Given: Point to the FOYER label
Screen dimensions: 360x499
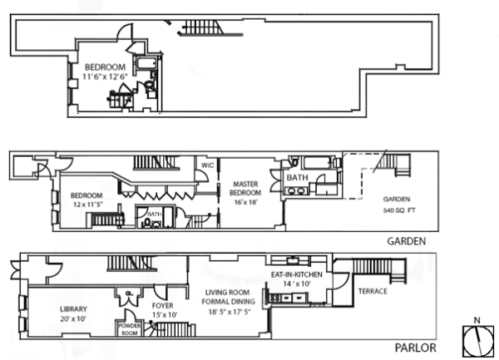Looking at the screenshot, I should (x=163, y=305).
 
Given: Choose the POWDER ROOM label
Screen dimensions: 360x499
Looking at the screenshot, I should (x=131, y=328).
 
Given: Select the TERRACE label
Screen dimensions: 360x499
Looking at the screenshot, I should (x=373, y=293).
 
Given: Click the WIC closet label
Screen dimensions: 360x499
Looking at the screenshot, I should (x=207, y=165).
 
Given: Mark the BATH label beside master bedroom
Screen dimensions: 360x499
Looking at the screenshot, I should (x=298, y=178).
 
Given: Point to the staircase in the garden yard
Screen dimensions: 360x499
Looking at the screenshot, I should (x=388, y=166).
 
